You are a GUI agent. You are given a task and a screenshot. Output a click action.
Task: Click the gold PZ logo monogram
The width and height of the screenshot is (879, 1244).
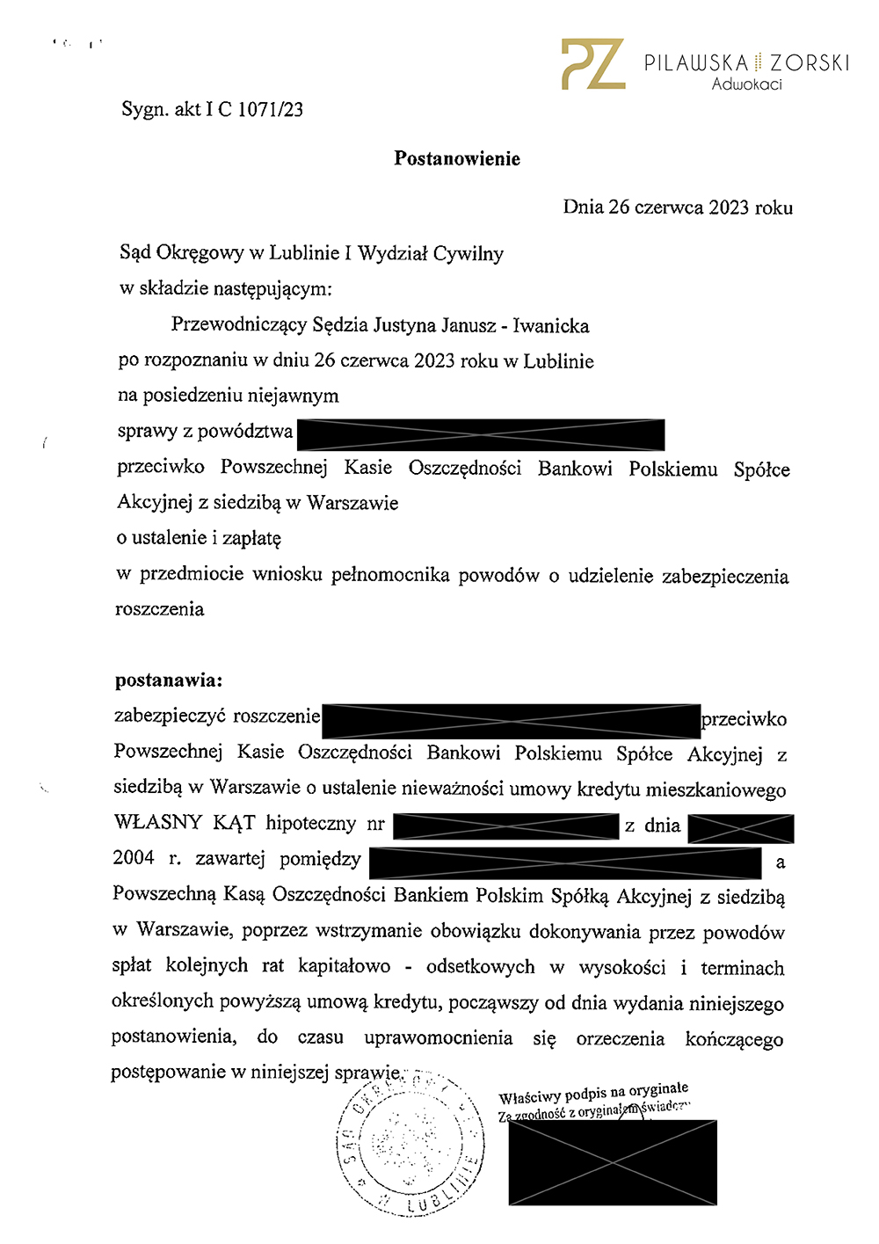pos(593,63)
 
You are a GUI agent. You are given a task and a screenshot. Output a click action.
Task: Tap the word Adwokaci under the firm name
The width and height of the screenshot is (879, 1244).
pos(746,84)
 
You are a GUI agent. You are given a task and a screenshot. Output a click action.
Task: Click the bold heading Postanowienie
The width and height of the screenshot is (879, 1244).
pos(457,159)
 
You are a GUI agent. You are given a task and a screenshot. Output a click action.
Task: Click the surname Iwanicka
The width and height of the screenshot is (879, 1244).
pos(551,326)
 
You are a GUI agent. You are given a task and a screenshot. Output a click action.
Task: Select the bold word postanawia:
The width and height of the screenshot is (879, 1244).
pos(169,680)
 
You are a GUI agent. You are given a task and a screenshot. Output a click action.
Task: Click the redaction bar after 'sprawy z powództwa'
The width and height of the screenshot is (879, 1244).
pos(481,434)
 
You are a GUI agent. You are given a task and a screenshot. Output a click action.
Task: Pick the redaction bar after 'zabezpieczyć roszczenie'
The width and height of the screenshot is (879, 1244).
pos(511,721)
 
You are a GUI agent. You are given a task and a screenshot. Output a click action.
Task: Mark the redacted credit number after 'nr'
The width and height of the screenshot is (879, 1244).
pos(505,826)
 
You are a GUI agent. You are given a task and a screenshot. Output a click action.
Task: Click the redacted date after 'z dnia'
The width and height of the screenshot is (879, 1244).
pos(741,828)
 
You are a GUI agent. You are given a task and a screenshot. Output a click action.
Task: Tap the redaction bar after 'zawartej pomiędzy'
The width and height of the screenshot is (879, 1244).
pos(565,862)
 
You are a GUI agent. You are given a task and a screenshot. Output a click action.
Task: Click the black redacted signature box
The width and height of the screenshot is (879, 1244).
pos(613,1162)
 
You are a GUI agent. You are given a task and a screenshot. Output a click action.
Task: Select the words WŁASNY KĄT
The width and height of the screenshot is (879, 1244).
pos(185,823)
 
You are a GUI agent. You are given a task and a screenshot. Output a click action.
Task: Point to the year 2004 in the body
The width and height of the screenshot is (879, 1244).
pos(134,858)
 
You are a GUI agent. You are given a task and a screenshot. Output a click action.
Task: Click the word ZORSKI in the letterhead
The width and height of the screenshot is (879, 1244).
pos(810,63)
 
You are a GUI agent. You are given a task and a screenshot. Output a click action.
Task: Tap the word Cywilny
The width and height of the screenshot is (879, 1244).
pos(468,254)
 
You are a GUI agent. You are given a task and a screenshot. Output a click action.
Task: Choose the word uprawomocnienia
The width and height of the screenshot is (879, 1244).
pos(438,1038)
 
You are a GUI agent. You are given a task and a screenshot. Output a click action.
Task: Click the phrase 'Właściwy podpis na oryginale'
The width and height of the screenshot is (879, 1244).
pos(593,1094)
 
